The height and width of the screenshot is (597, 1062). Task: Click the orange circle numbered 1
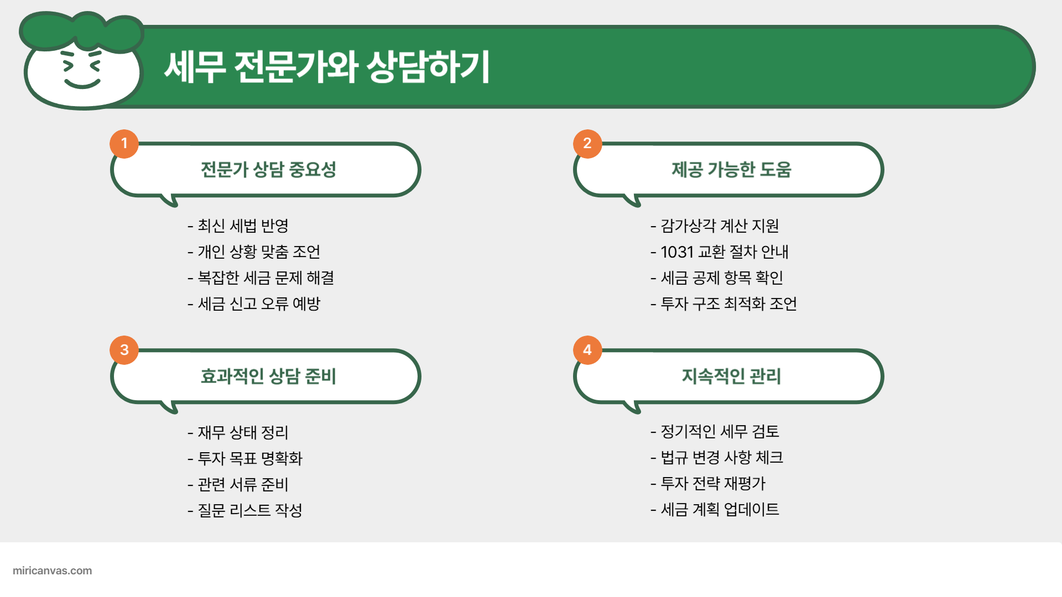coord(124,144)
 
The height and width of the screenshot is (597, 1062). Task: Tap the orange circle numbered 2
coord(587,144)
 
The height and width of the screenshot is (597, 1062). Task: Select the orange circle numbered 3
coord(124,350)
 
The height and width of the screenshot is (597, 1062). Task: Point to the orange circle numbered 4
coord(587,350)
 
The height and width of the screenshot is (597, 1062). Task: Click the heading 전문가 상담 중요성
coord(268,169)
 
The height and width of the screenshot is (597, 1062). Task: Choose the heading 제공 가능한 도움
coord(731,169)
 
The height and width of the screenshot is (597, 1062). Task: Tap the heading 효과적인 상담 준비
coord(268,376)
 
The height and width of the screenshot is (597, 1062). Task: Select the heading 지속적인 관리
coord(731,376)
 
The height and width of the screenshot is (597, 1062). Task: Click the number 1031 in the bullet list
coord(677,252)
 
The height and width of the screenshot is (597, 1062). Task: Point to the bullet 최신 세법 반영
coord(243,226)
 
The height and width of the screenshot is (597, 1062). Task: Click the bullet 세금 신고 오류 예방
coord(259,303)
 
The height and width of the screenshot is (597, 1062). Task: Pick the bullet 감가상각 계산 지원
coord(720,226)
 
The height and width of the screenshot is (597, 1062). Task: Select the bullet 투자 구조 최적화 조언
coord(728,303)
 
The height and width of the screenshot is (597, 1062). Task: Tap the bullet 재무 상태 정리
coord(243,432)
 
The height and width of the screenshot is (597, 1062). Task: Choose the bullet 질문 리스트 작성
coord(250,510)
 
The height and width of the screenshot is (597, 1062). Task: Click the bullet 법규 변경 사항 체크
coord(722,457)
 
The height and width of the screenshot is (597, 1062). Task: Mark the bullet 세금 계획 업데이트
coord(720,509)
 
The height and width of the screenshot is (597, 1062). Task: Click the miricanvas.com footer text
coord(52,570)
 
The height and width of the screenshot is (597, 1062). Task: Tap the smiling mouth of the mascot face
coord(82,85)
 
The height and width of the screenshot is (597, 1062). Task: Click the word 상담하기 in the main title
coord(428,67)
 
